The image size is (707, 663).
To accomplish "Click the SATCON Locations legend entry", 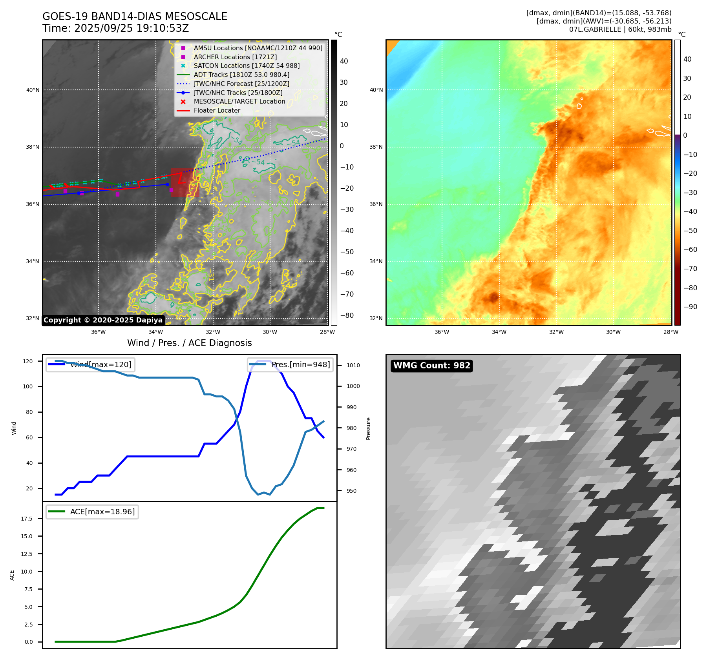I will point(247,66).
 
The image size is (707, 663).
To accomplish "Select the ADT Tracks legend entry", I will point(241,75).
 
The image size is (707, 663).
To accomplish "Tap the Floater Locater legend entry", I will point(217,111).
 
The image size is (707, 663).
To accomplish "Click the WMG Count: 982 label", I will point(431,366).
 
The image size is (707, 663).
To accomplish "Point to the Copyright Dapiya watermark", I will point(103,320).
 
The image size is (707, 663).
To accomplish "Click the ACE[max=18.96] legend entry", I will point(102,512).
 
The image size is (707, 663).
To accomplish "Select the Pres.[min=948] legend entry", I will point(300,365).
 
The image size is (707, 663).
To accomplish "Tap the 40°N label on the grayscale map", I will point(33,90).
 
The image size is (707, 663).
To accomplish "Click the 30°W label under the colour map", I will point(613,332).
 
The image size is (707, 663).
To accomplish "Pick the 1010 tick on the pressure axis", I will point(353,365).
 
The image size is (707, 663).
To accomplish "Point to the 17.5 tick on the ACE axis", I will point(27,519).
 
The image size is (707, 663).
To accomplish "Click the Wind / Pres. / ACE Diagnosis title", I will point(189,343).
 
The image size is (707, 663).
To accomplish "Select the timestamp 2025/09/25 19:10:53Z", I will point(132,29).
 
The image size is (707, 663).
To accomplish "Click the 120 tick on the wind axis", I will point(28,361).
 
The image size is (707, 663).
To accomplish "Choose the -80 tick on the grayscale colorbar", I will point(347,315).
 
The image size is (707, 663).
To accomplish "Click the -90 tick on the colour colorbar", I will point(690,307).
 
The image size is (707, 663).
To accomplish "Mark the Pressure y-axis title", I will point(368,428).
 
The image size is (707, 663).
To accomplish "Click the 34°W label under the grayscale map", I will point(155,332).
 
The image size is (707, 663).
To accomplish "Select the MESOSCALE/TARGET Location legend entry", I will point(239,102).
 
